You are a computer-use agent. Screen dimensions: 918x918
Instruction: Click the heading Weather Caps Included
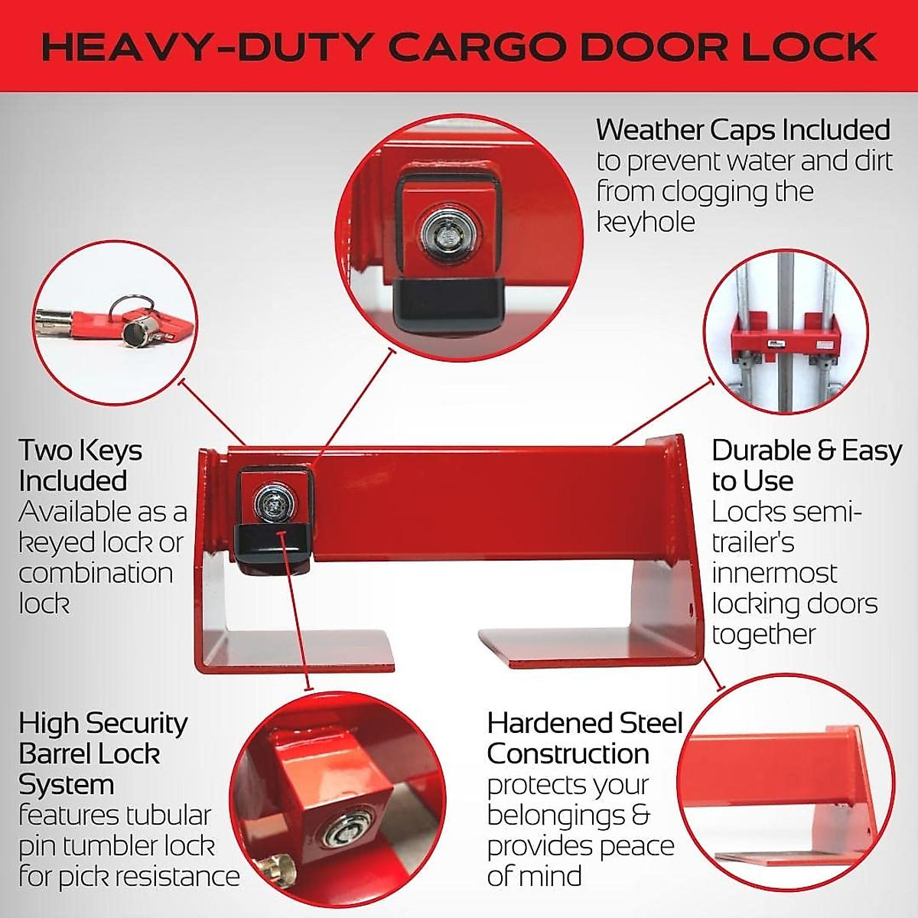coord(743,130)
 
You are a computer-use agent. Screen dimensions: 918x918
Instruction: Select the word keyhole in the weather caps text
coord(646,222)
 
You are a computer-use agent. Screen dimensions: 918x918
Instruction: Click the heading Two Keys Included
coord(80,465)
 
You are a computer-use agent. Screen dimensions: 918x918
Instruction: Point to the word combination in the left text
coord(96,573)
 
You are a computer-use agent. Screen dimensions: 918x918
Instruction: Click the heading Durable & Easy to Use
coord(806,465)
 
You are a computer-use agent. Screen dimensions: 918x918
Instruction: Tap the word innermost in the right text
coord(774,573)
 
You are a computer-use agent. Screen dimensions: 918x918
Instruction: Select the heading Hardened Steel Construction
coord(584,738)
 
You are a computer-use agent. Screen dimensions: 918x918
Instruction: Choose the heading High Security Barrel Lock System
coord(103,754)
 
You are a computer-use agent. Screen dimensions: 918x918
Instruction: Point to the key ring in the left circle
coord(126,306)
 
